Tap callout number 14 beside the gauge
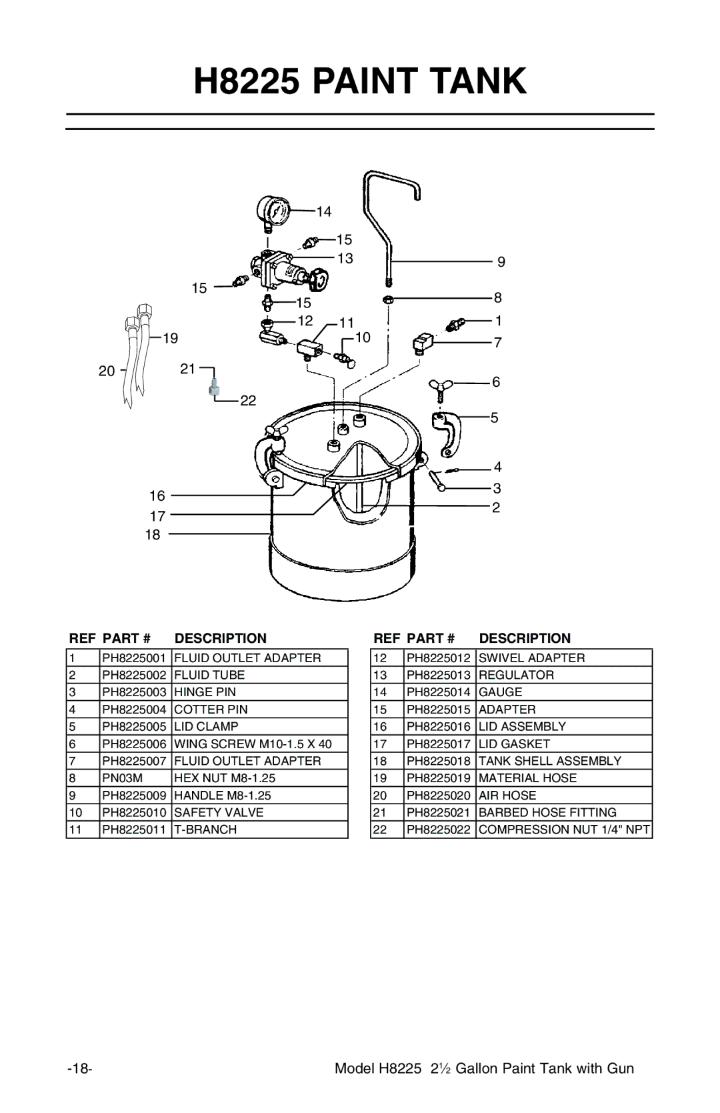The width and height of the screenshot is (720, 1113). pyautogui.click(x=324, y=211)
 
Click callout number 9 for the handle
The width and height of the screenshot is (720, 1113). pyautogui.click(x=501, y=262)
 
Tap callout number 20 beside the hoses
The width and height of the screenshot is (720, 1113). pyautogui.click(x=107, y=371)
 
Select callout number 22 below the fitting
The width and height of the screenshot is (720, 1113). pyautogui.click(x=248, y=401)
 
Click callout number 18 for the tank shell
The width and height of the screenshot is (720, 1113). pyautogui.click(x=154, y=534)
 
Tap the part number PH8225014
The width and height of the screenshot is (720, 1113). pyautogui.click(x=439, y=692)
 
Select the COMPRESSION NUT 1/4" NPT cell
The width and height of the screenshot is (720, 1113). pyautogui.click(x=563, y=830)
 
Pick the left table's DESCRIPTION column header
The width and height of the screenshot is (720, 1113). pyautogui.click(x=216, y=638)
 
